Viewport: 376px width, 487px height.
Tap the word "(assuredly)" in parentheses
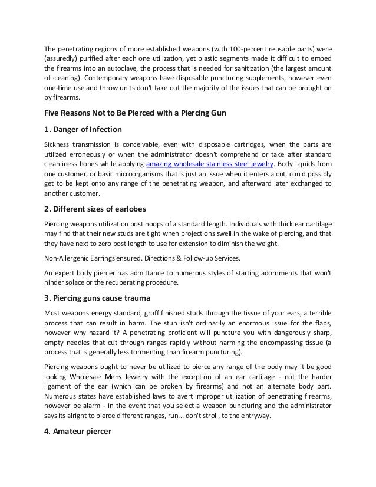click(64, 58)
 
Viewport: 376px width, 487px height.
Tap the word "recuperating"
click(122, 282)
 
